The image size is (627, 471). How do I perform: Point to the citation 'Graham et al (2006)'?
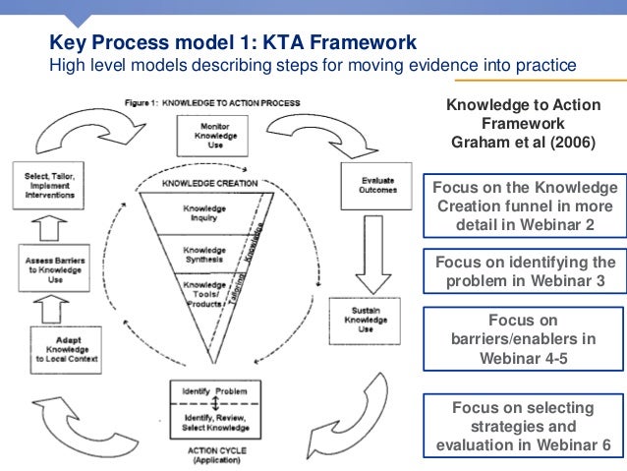523,141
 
